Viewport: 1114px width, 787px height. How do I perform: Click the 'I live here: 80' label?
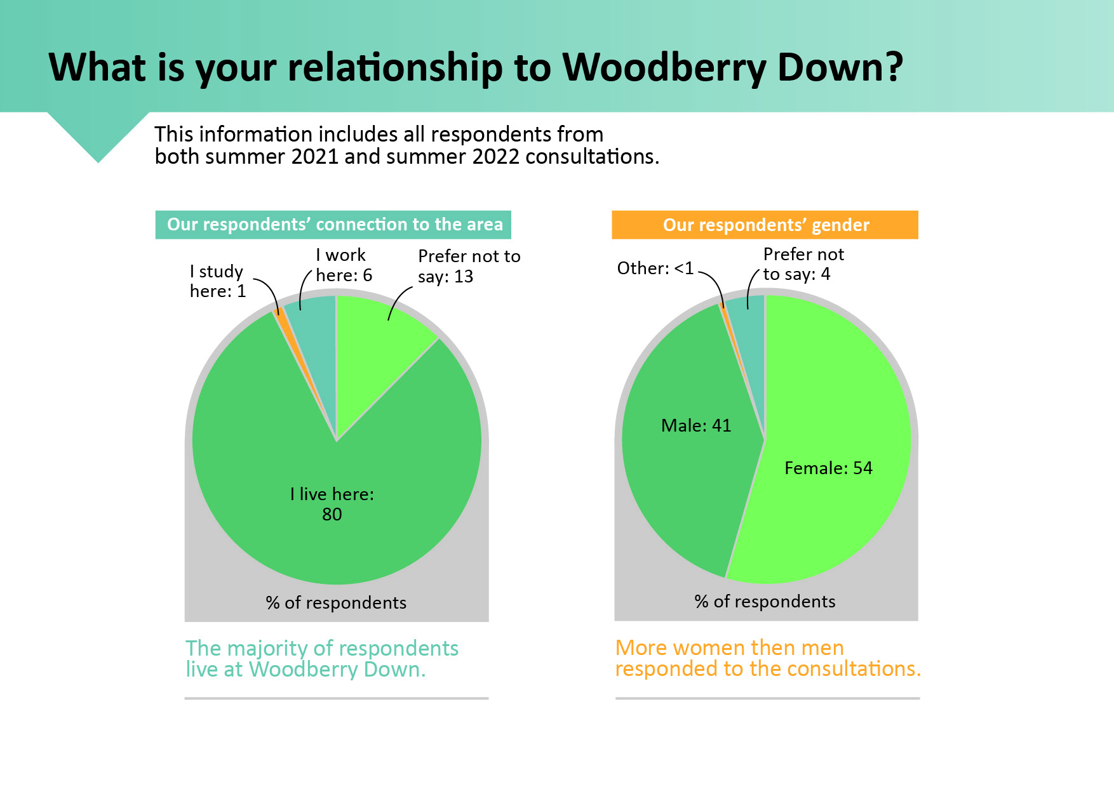(x=332, y=504)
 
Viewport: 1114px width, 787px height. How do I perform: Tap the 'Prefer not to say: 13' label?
(x=469, y=266)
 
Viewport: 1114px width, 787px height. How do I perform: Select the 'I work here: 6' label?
(x=344, y=265)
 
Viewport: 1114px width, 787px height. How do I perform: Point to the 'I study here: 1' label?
(x=217, y=281)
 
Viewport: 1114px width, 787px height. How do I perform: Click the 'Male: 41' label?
(x=696, y=425)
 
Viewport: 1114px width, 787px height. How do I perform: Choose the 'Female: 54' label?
(x=828, y=468)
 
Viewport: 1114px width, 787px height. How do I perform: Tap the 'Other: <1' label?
(x=655, y=268)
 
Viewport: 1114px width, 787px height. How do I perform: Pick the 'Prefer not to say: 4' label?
(x=803, y=264)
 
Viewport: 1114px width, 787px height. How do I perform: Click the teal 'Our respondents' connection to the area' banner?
(x=333, y=225)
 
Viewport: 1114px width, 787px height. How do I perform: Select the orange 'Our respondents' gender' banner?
(x=765, y=225)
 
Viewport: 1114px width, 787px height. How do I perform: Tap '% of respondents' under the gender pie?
(x=765, y=601)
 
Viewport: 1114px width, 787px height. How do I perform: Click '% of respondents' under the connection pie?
(x=336, y=602)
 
